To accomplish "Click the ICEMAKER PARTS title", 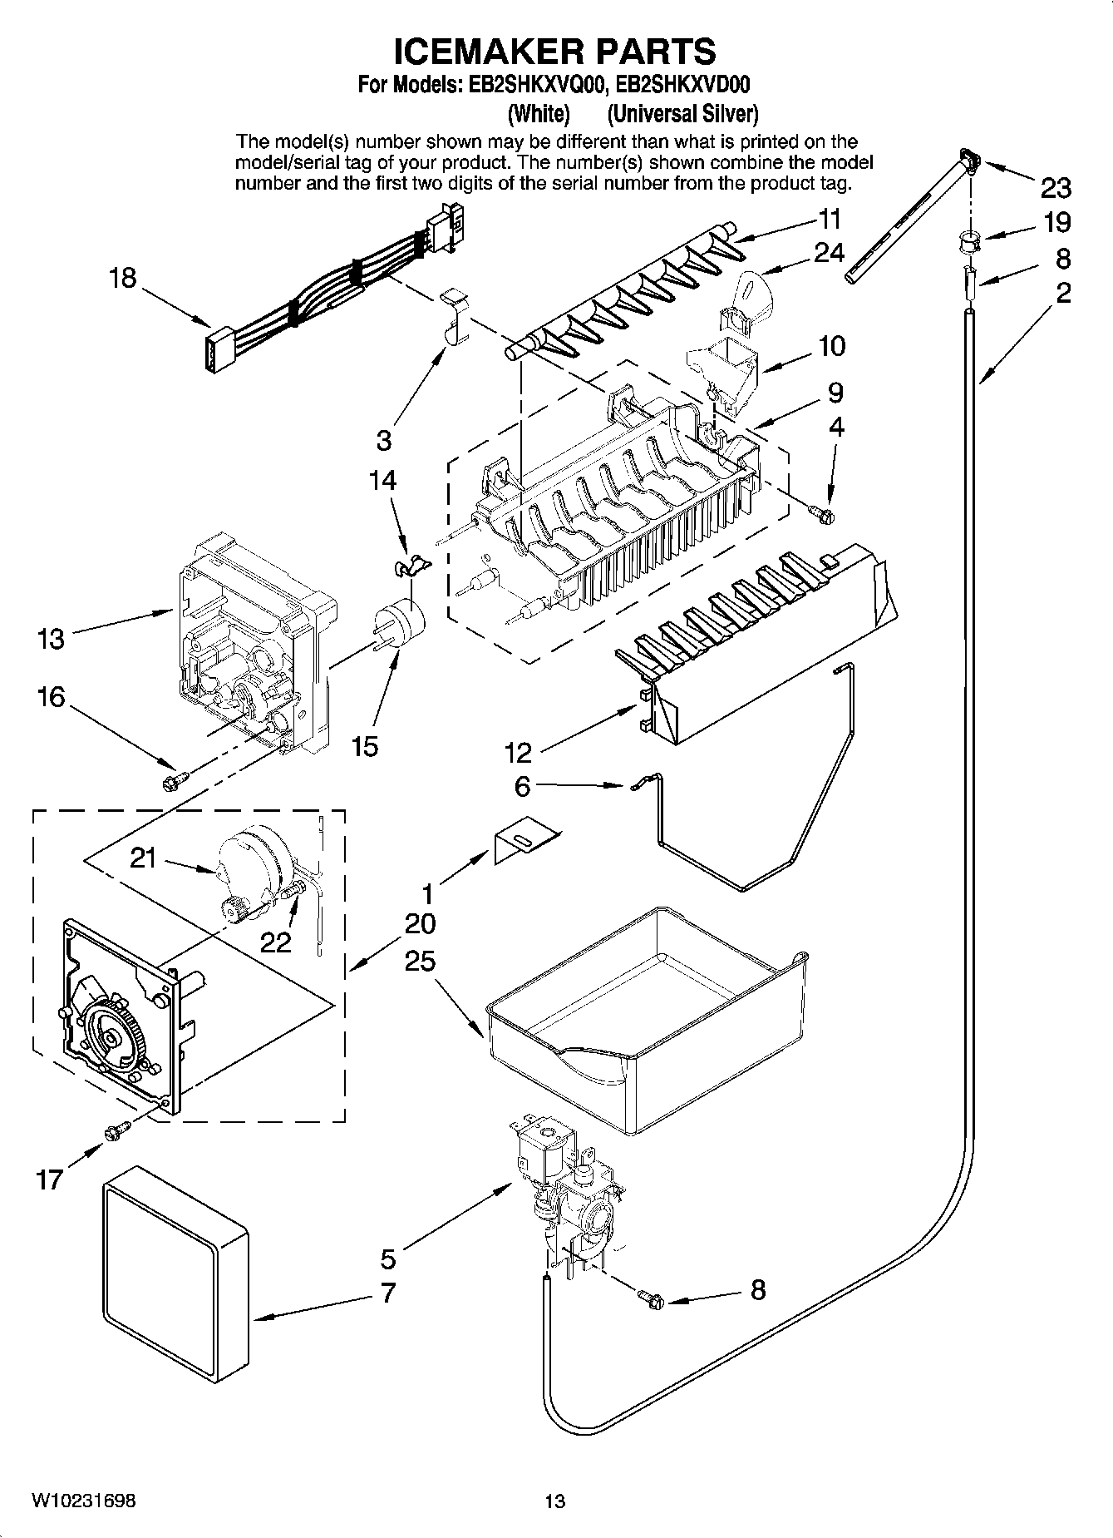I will (x=554, y=52).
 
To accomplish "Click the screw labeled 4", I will (x=825, y=516).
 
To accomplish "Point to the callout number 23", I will (x=1055, y=189).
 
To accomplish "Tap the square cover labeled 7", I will (x=176, y=1277).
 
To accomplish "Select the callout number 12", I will (x=518, y=753).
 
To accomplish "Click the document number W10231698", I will (x=84, y=1501).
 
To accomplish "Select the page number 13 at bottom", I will (x=554, y=1501).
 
